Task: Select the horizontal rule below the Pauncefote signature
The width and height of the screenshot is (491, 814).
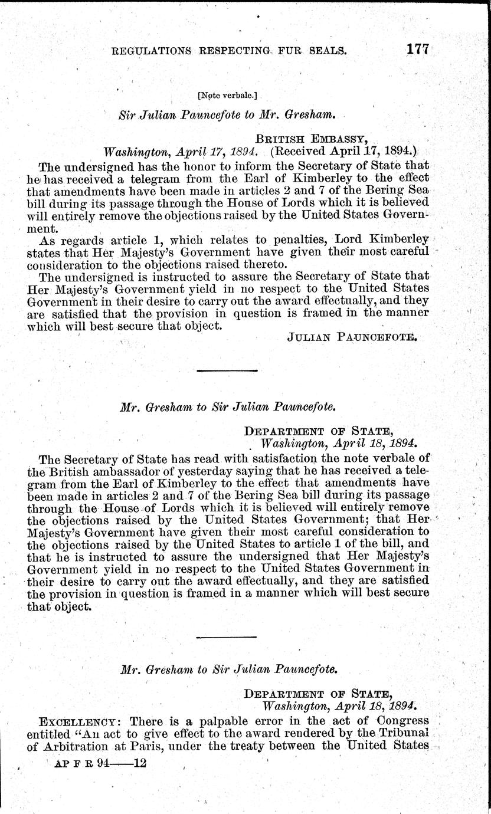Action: pos(227,370)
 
